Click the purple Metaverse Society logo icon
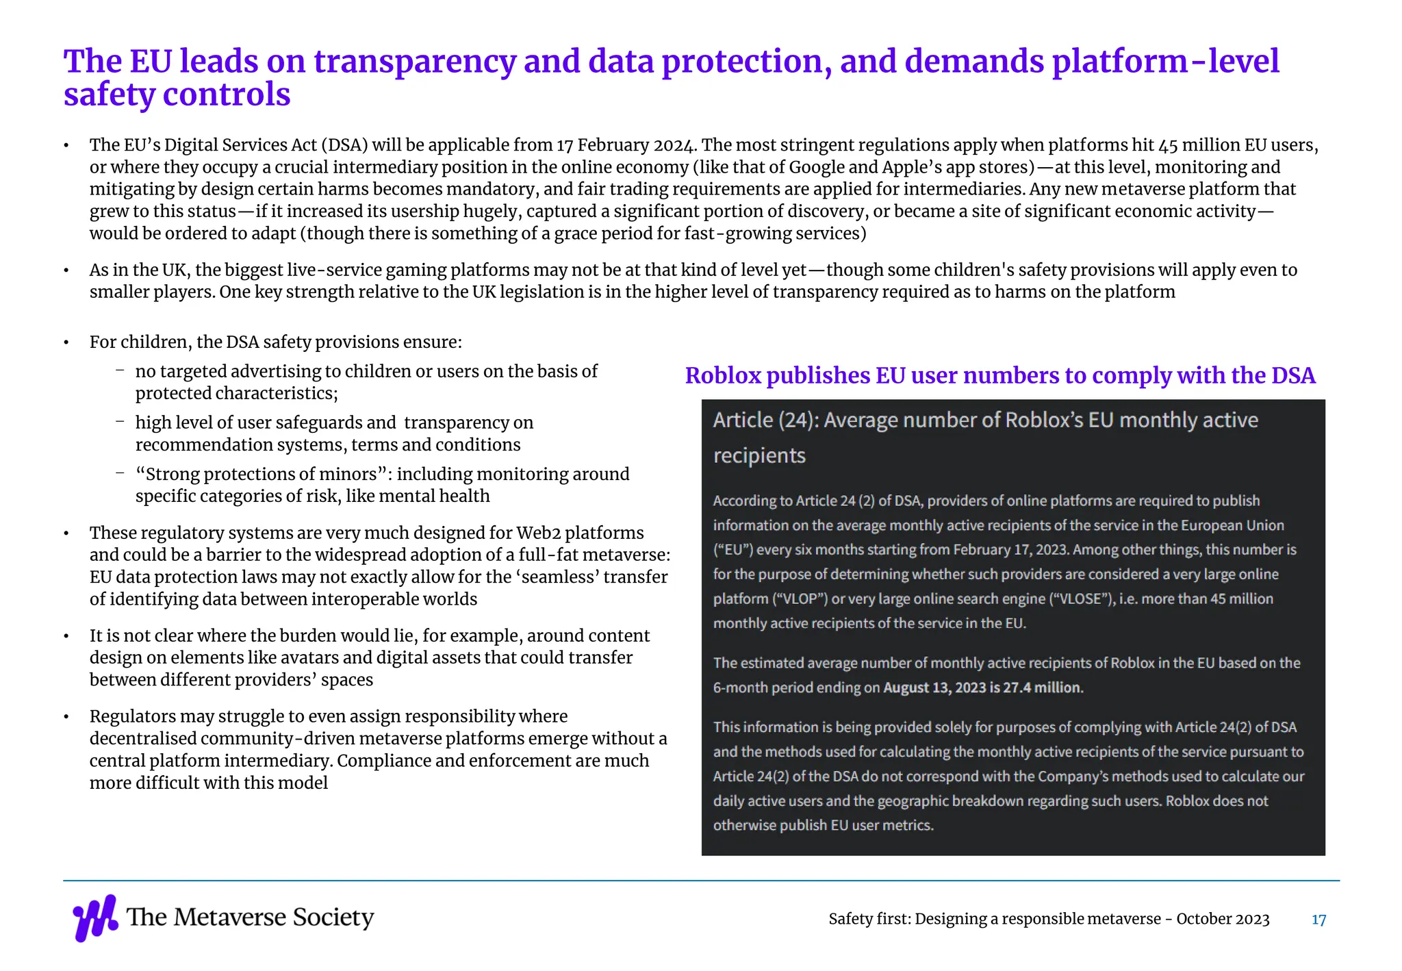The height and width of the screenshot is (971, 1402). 95,918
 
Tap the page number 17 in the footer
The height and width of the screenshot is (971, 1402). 1318,920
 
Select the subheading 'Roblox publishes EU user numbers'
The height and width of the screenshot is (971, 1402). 999,375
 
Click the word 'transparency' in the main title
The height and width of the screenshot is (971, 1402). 414,61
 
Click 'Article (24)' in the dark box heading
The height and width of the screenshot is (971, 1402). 765,420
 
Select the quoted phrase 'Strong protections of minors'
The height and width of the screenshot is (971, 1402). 261,474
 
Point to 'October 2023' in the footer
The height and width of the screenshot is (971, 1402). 1223,919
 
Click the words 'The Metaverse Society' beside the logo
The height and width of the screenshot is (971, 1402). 251,917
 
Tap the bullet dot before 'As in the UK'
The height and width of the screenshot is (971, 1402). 66,270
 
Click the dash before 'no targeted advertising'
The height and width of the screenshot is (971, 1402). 120,370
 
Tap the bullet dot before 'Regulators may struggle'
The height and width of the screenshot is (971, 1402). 66,717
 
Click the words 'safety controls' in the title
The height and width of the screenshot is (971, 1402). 177,94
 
